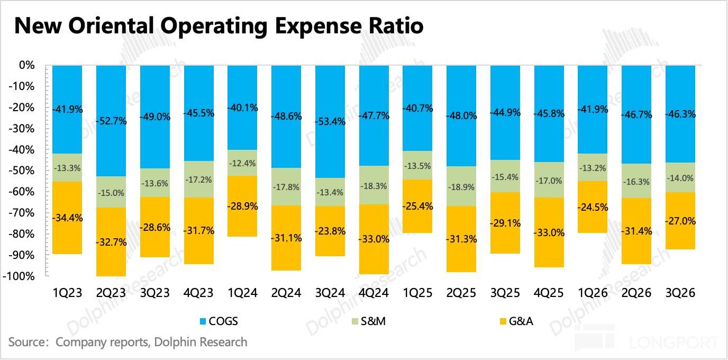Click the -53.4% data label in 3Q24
331,122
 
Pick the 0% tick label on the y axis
26,66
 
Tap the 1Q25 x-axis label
418,293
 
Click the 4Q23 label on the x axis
199,293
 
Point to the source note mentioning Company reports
128,342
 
